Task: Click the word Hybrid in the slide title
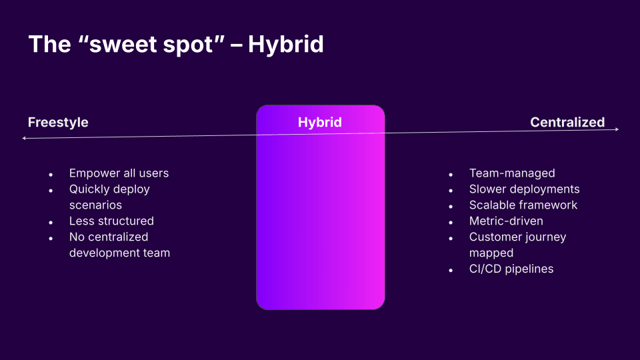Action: coord(286,45)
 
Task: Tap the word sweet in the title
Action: coord(123,44)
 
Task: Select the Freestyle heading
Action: coord(58,123)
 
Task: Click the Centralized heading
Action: coord(567,123)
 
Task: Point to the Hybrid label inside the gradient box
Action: coord(319,123)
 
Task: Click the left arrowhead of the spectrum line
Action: coord(24,139)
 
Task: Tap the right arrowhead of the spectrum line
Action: coord(617,129)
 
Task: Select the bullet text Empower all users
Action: coord(119,173)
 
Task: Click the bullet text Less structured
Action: coord(111,221)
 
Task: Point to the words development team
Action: coord(119,253)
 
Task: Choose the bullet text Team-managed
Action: coord(512,173)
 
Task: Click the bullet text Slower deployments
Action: coord(524,189)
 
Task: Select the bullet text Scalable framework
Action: coord(523,205)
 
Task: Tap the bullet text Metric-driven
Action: coord(506,221)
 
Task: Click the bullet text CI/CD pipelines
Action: coord(511,269)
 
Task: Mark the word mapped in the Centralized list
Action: coord(491,253)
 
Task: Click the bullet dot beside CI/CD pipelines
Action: coord(451,271)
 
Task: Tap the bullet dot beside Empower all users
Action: coord(51,175)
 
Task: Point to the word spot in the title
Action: coord(188,45)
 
